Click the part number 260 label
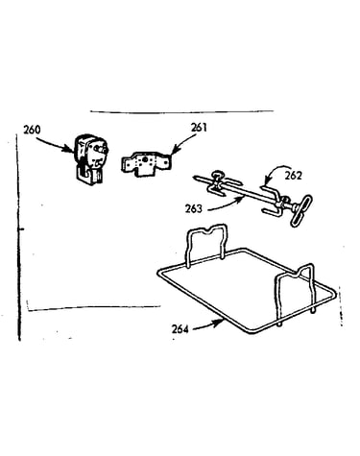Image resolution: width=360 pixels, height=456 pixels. tap(32, 130)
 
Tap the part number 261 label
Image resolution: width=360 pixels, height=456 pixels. tap(199, 128)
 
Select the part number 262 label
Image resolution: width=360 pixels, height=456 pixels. tap(293, 176)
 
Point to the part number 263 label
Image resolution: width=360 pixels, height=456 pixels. tap(194, 208)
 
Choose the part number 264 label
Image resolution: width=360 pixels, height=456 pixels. tap(180, 328)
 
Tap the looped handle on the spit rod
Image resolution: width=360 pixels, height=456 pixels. tap(300, 210)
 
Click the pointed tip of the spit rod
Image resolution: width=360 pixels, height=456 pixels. tap(195, 177)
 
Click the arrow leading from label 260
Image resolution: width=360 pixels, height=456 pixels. tap(55, 143)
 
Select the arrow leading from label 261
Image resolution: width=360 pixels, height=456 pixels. tap(184, 141)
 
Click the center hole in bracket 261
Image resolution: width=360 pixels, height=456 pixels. tap(146, 159)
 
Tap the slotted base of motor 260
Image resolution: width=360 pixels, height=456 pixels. tap(89, 176)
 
